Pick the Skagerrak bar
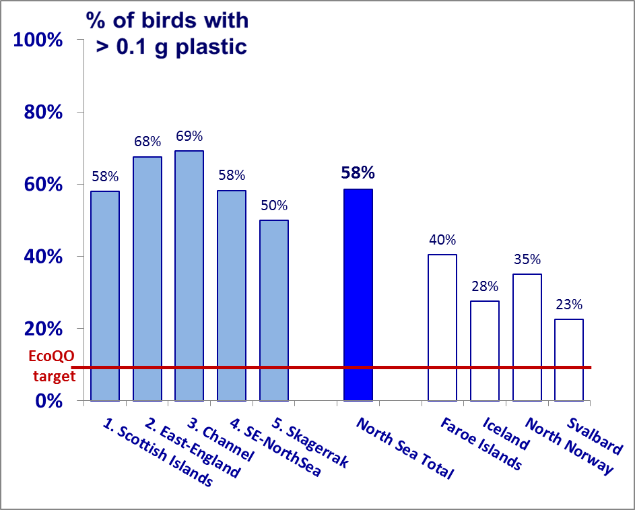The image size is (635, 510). [x=274, y=310]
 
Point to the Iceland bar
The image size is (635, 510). [x=485, y=350]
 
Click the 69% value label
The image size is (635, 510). [x=189, y=136]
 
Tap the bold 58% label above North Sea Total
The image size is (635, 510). [x=358, y=173]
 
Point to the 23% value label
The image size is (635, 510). [x=569, y=305]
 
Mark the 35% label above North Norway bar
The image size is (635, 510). [x=527, y=259]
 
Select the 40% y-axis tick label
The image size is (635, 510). [x=43, y=257]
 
